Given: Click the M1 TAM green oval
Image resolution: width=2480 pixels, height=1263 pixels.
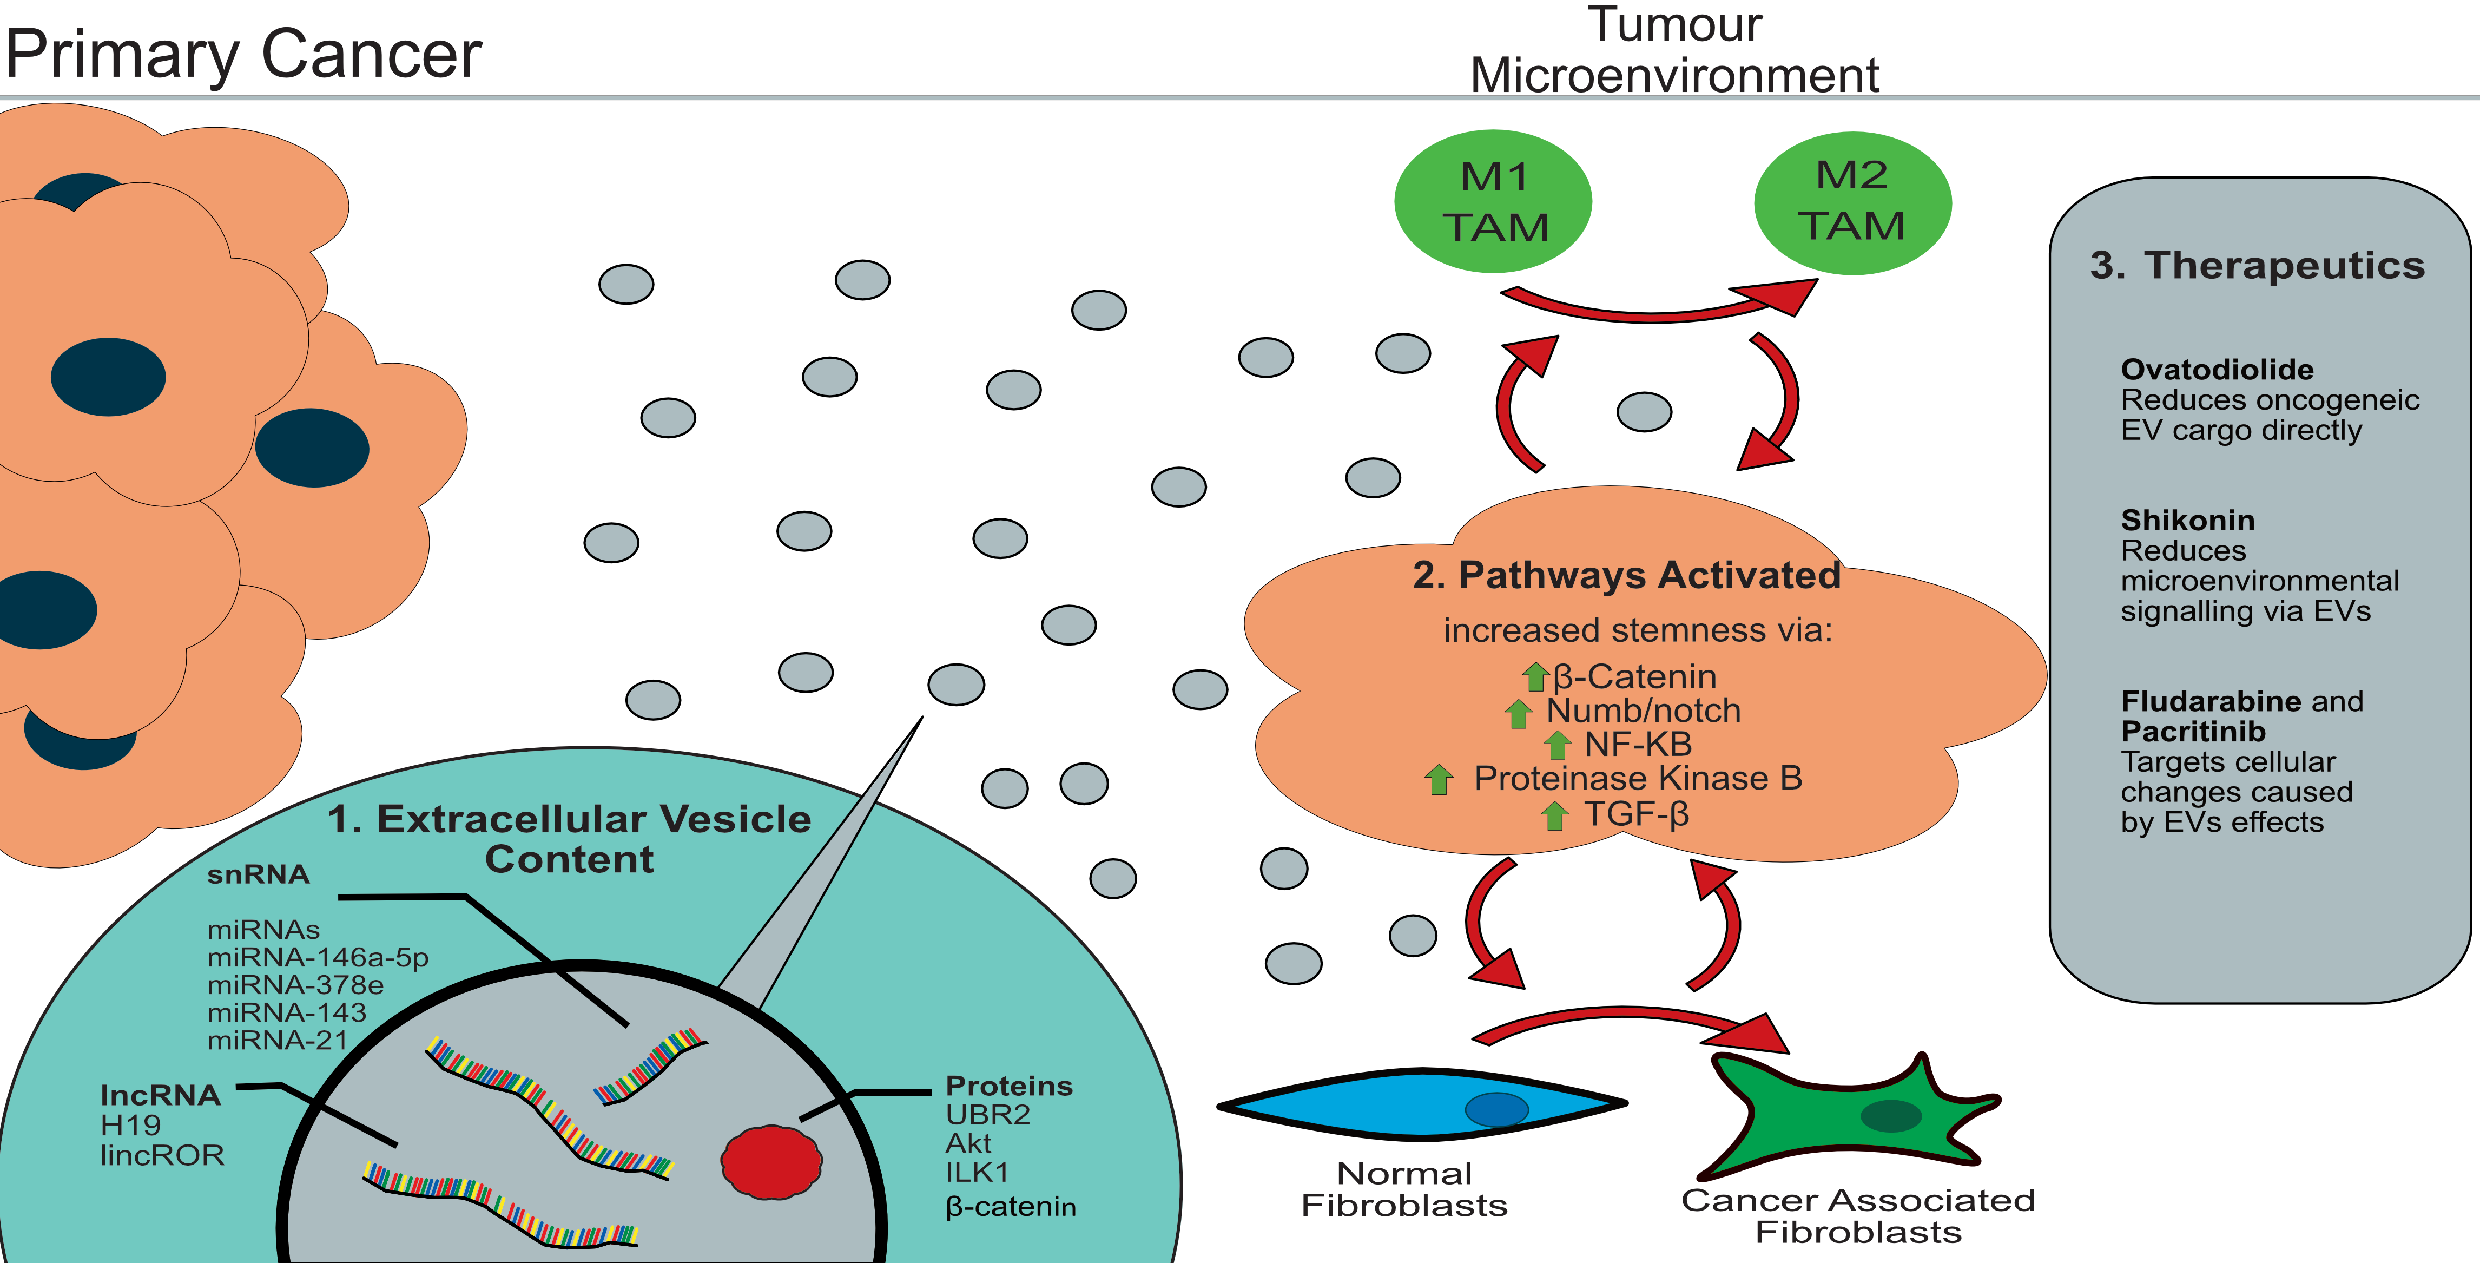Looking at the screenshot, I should [x=1492, y=202].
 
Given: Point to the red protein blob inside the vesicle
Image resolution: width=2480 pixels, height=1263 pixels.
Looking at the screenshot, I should [x=771, y=1162].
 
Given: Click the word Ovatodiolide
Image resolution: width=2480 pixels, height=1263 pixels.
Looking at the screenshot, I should [x=2216, y=370].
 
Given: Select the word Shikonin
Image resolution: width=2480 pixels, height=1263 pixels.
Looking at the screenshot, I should [x=2187, y=521].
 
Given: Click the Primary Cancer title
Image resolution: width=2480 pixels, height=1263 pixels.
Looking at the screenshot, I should [x=242, y=54].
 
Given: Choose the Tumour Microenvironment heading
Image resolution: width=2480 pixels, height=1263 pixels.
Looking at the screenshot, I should [x=1674, y=50].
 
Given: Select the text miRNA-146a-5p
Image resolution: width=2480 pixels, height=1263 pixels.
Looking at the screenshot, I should [x=318, y=958].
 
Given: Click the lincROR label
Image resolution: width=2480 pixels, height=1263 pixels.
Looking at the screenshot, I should [x=162, y=1155].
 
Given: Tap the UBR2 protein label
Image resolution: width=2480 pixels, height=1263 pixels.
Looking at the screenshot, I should [x=988, y=1115].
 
